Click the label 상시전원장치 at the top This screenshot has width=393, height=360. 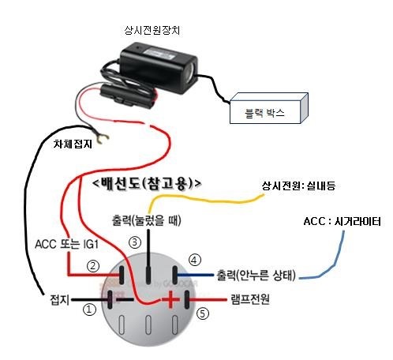click(x=152, y=30)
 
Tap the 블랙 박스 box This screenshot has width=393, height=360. click(x=269, y=108)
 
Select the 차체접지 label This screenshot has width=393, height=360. click(x=73, y=144)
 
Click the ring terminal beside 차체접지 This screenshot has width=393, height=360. click(x=102, y=138)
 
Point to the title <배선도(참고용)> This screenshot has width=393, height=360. click(x=148, y=183)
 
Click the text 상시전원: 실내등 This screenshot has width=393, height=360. click(x=298, y=186)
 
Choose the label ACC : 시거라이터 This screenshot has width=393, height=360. click(x=342, y=221)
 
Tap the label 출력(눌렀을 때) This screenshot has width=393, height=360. click(x=147, y=220)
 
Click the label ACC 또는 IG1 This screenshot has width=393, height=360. click(x=66, y=244)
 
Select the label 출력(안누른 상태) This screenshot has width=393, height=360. click(x=256, y=275)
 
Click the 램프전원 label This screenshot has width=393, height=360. click(x=250, y=299)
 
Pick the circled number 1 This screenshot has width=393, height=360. click(x=89, y=309)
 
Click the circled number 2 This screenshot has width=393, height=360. click(x=93, y=266)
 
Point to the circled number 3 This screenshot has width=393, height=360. click(x=135, y=242)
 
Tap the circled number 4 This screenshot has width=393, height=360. click(x=195, y=261)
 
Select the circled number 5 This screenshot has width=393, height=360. click(x=203, y=313)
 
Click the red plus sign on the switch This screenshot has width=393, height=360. click(x=170, y=299)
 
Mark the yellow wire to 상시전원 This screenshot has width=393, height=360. click(x=205, y=201)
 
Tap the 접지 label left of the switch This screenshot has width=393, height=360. click(x=60, y=300)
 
